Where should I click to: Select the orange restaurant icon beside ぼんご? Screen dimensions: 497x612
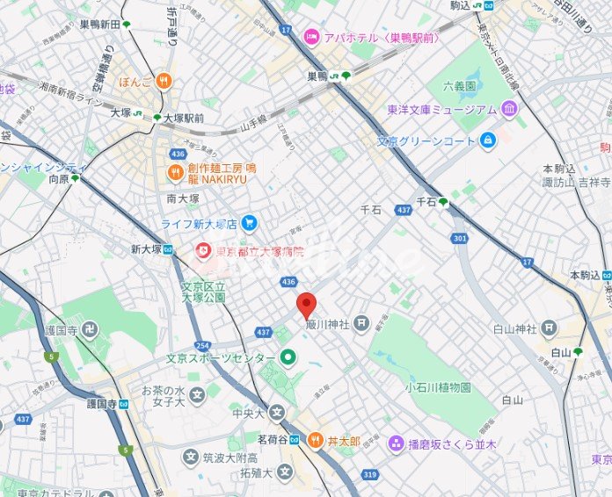[163, 82]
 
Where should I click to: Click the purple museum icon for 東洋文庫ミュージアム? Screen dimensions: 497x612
[509, 110]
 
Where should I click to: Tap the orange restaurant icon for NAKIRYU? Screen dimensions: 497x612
[173, 171]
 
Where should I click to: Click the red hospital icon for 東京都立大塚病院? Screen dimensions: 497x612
[204, 251]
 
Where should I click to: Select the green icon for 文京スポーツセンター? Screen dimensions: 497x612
[288, 357]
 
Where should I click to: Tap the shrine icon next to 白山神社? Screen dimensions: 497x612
[550, 328]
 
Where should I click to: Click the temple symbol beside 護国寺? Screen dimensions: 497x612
[91, 330]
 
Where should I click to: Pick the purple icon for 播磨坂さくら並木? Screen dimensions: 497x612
[397, 444]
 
